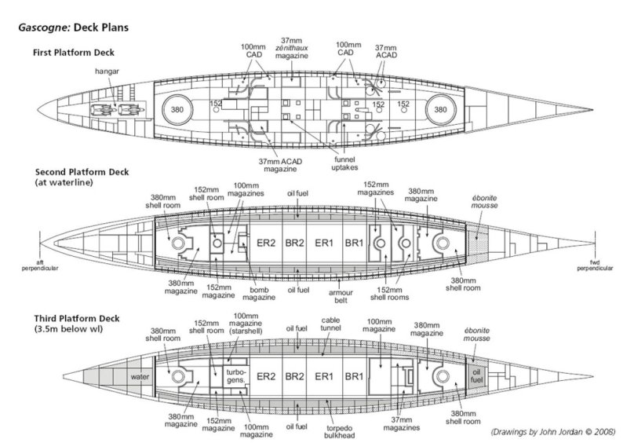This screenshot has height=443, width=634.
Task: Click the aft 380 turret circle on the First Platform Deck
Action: pyautogui.click(x=177, y=110)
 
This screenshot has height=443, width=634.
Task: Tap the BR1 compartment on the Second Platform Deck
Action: pyautogui.click(x=356, y=244)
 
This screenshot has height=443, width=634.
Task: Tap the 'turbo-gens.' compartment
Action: pyautogui.click(x=235, y=375)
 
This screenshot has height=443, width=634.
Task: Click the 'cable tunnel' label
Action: pyautogui.click(x=330, y=324)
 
